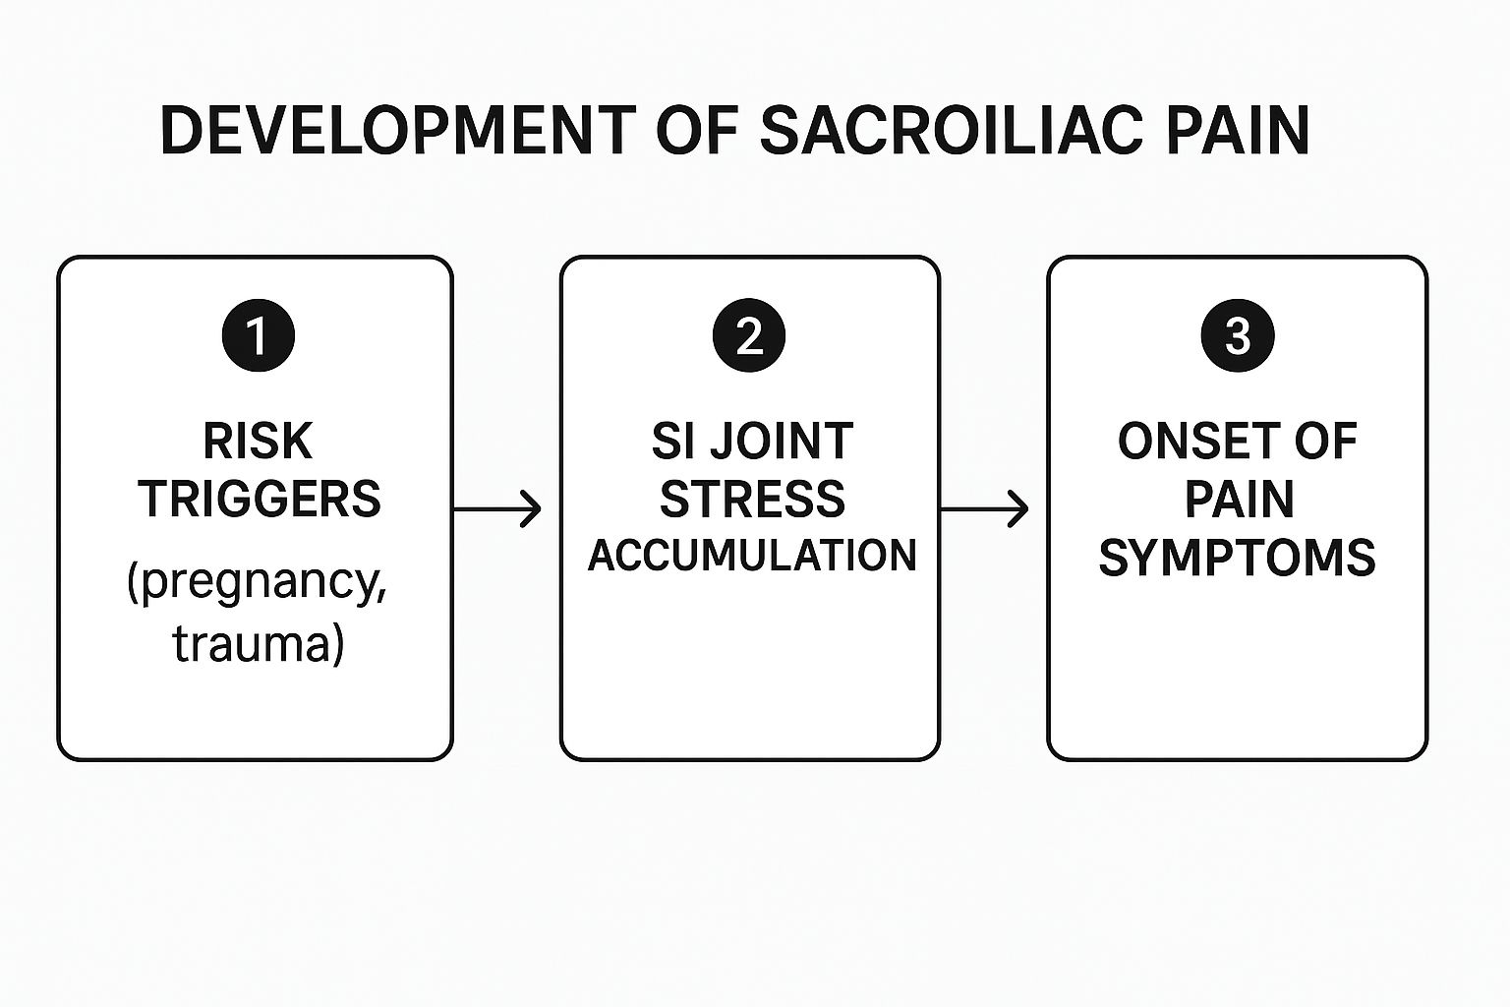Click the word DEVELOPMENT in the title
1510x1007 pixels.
tap(396, 130)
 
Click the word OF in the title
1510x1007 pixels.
tap(696, 130)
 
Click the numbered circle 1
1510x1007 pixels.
tap(258, 335)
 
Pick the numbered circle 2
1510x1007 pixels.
tap(749, 335)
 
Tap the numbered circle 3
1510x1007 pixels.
tap(1238, 335)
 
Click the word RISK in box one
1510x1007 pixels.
tap(258, 442)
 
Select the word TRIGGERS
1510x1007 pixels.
tap(259, 500)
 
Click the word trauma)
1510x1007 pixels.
tap(259, 644)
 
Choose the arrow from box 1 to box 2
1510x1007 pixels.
tap(497, 509)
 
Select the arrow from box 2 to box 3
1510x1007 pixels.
tap(984, 509)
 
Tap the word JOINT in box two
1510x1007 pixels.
tap(781, 442)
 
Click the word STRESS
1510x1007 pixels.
tap(752, 500)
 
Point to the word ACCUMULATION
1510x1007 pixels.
tap(752, 556)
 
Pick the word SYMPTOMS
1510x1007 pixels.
tap(1237, 558)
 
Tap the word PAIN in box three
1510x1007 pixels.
tap(1238, 500)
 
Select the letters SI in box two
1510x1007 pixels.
tap(672, 442)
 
